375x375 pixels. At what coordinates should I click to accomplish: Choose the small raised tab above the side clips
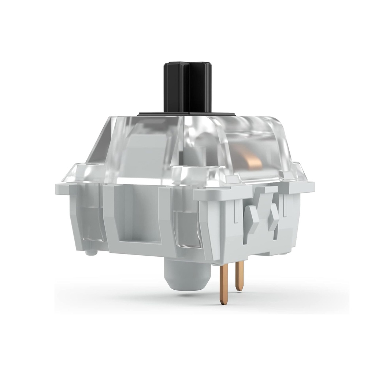pyautogui.click(x=270, y=189)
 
